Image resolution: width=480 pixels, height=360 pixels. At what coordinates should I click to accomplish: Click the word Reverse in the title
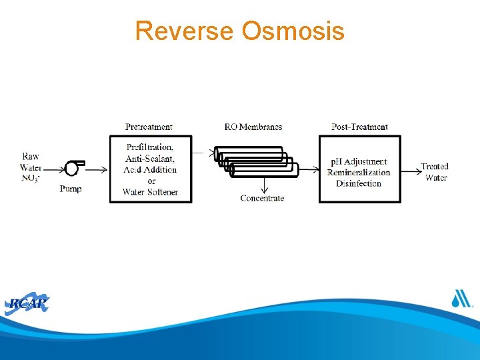click(x=185, y=31)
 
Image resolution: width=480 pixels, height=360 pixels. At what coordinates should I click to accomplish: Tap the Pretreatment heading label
click(x=149, y=127)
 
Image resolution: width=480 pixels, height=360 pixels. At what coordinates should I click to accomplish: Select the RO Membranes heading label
click(x=253, y=127)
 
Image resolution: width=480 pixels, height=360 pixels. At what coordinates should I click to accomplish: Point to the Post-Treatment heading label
click(x=359, y=127)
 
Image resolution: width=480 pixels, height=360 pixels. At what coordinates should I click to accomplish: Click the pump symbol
click(x=73, y=168)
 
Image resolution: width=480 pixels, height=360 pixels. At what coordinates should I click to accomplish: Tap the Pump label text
click(x=71, y=189)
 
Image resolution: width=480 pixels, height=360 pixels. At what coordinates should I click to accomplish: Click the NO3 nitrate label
click(x=30, y=178)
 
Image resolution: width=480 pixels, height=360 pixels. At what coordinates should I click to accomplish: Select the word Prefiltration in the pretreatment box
click(x=150, y=147)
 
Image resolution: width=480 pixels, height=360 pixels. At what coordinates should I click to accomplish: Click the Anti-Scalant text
click(x=150, y=158)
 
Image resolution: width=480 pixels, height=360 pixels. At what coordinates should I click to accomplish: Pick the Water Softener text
click(x=150, y=192)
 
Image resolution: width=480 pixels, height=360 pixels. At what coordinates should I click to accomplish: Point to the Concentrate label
click(x=262, y=198)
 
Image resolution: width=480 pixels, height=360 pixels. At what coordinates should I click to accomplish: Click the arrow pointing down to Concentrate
click(x=263, y=185)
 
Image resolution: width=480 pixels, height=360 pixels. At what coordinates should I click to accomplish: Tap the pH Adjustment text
click(x=359, y=162)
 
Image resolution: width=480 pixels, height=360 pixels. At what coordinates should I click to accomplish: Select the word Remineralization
click(x=359, y=173)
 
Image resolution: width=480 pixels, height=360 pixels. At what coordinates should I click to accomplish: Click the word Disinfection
click(x=359, y=183)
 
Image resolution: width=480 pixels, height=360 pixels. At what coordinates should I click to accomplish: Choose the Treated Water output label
click(x=435, y=172)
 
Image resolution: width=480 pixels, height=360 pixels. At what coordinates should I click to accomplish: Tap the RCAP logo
click(x=27, y=304)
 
